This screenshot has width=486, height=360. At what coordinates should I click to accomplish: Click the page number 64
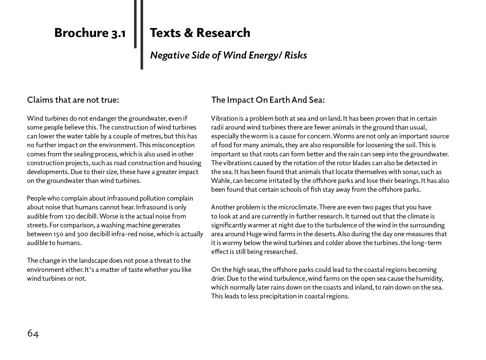click(x=33, y=333)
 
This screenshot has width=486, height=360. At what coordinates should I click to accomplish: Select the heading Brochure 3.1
click(x=90, y=33)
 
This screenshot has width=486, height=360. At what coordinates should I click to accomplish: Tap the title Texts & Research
click(x=200, y=33)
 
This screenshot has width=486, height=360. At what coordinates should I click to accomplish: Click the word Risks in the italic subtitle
click(x=296, y=55)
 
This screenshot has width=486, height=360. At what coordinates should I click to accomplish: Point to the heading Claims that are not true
click(x=73, y=100)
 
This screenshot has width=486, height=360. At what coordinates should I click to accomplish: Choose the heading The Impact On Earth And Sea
click(x=268, y=100)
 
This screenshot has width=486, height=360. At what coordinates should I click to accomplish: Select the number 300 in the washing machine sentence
click(x=82, y=234)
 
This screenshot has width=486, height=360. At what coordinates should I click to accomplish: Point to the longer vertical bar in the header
click(x=142, y=35)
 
